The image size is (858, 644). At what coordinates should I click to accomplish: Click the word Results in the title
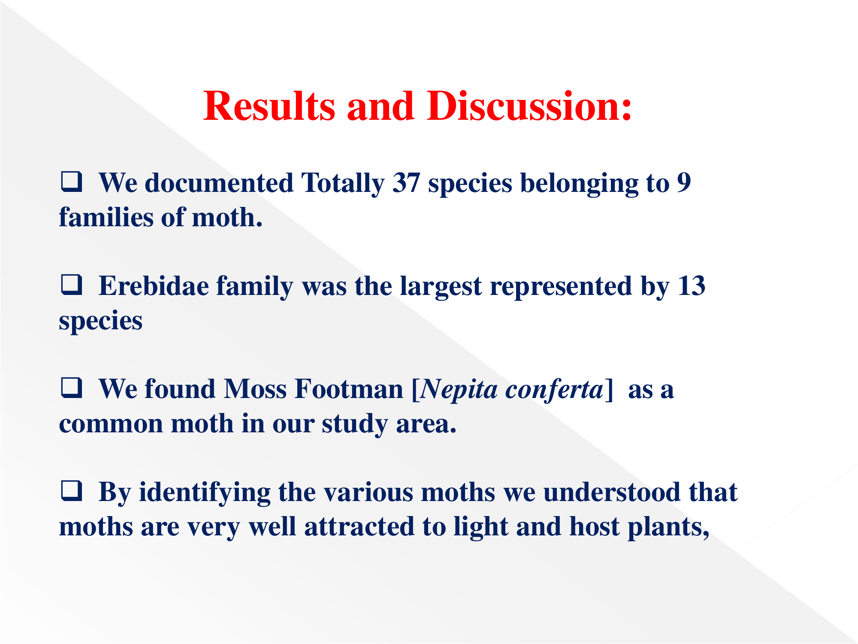[x=269, y=106]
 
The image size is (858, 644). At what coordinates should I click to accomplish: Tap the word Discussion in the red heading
[x=529, y=106]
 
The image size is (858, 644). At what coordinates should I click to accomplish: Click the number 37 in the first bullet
[x=406, y=183]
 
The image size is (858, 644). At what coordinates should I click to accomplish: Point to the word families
[x=106, y=217]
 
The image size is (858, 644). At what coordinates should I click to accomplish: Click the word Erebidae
[x=154, y=286]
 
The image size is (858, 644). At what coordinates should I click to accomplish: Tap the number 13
[x=692, y=286]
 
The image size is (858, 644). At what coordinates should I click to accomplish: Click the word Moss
[x=255, y=389]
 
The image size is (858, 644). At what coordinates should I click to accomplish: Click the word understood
[x=612, y=492]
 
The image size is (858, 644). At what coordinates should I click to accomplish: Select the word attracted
[x=360, y=526]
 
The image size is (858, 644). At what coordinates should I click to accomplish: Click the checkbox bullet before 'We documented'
[x=71, y=182]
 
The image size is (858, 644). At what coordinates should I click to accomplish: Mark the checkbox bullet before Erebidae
[x=71, y=285]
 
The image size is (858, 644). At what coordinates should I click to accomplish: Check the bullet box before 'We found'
[x=71, y=388]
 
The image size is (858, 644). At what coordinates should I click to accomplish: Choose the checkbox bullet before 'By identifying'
[x=71, y=491]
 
